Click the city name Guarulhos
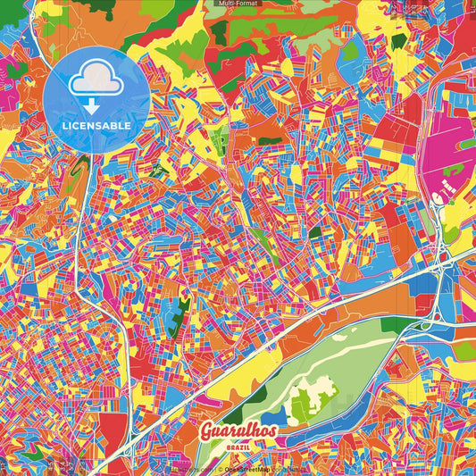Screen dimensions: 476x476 point(238,430)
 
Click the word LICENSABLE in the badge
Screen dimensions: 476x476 point(96,126)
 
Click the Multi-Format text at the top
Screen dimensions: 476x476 point(238,4)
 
